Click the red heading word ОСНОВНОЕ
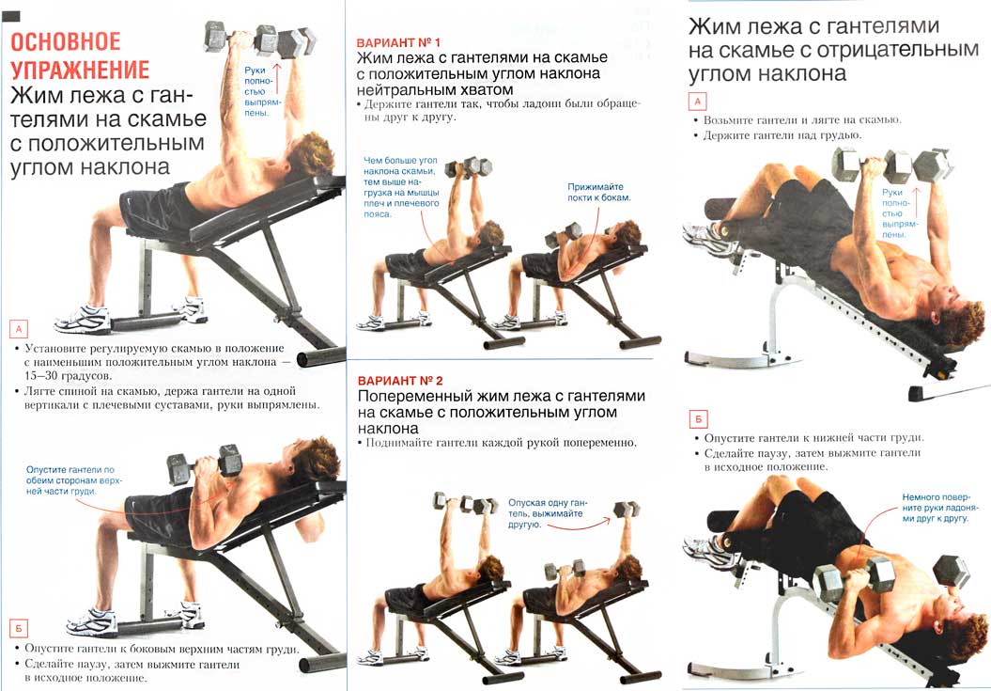pyautogui.click(x=66, y=41)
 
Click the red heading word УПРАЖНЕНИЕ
pyautogui.click(x=80, y=70)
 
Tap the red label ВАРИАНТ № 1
pyautogui.click(x=398, y=43)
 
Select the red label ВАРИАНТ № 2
pyautogui.click(x=400, y=381)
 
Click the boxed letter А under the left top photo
pyautogui.click(x=19, y=329)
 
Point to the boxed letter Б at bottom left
pyautogui.click(x=19, y=629)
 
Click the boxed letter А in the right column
pyautogui.click(x=698, y=102)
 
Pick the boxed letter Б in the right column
pyautogui.click(x=698, y=419)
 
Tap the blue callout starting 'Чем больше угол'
pyautogui.click(x=401, y=187)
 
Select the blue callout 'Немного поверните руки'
pyautogui.click(x=936, y=508)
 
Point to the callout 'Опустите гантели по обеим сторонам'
pyautogui.click(x=74, y=480)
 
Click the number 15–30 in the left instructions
pyautogui.click(x=39, y=376)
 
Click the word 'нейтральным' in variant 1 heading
pyautogui.click(x=408, y=90)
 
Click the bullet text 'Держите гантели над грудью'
pyautogui.click(x=782, y=135)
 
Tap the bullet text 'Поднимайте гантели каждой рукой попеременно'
pyautogui.click(x=502, y=443)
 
